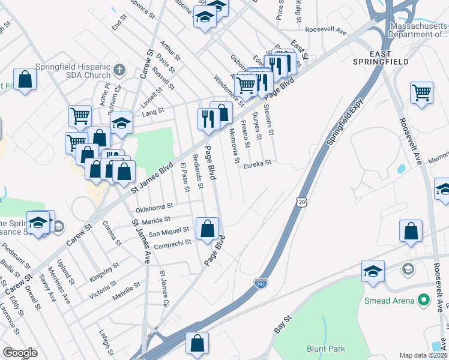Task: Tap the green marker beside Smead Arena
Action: [x=424, y=299]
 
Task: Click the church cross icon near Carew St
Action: [x=119, y=70]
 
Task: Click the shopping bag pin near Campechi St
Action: [x=207, y=229]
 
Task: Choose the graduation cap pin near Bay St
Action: [x=373, y=271]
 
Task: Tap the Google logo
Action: [x=19, y=352]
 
